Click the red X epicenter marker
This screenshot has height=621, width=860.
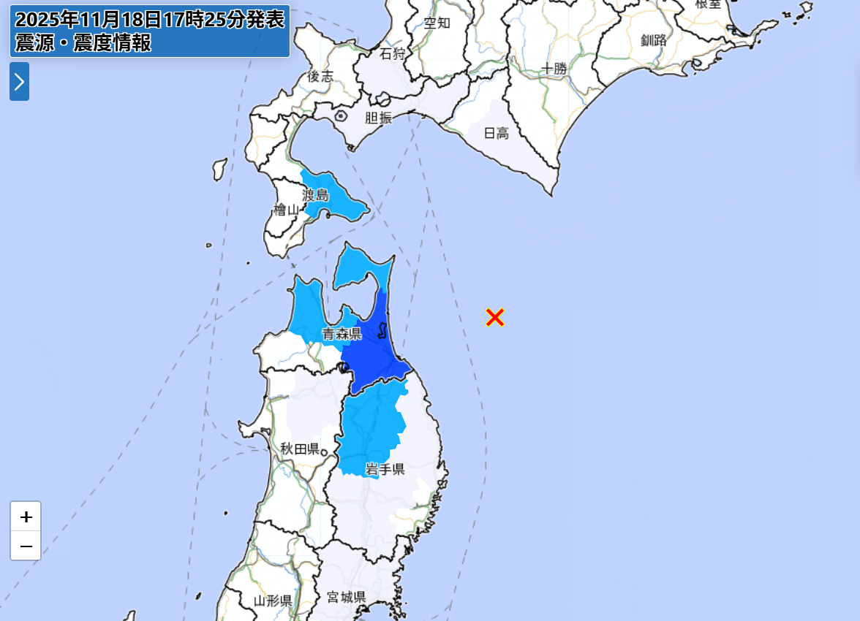pos(495,317)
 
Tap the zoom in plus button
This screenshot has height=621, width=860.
pos(26,517)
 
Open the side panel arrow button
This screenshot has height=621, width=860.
pos(19,81)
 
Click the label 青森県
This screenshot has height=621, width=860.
pos(342,334)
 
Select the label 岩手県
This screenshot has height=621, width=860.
pos(385,469)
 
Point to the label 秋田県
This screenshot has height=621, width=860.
pos(300,449)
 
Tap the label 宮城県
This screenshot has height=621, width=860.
pos(346,598)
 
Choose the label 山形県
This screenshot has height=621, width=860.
pos(273,601)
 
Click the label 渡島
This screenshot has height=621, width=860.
pos(317,195)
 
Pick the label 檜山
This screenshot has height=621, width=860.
pos(287,210)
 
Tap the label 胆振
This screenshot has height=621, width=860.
pos(378,118)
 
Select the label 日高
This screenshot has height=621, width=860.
pos(496,133)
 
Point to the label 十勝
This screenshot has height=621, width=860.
pos(554,69)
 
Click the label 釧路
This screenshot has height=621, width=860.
pos(654,40)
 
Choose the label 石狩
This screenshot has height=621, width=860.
pos(392,53)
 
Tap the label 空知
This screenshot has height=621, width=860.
pos(437,23)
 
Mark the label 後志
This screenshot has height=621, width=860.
pos(320,76)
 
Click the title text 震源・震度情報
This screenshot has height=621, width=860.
pos(83,43)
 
